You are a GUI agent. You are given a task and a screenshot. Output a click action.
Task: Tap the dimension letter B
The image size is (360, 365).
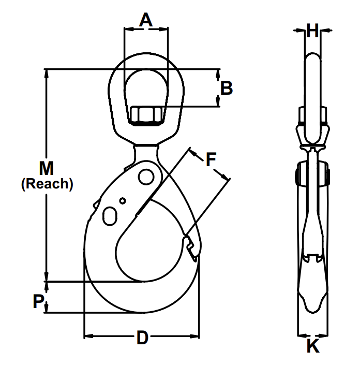226,88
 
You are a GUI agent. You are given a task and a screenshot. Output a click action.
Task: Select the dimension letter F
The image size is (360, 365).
211,159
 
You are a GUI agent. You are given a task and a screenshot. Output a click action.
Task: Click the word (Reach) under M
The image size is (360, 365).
47,184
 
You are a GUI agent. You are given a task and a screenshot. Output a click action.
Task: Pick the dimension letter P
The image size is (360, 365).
37,302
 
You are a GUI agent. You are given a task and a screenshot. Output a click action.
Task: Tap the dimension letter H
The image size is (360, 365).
312,31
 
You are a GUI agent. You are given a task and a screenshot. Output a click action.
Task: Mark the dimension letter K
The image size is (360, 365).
312,346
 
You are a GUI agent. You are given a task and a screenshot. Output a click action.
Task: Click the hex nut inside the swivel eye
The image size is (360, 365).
146,115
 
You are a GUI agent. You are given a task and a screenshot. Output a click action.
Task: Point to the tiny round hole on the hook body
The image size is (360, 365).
123,201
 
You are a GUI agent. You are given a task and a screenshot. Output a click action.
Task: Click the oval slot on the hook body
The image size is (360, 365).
110,215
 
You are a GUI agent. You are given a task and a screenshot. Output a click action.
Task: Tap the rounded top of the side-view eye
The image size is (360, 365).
312,56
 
